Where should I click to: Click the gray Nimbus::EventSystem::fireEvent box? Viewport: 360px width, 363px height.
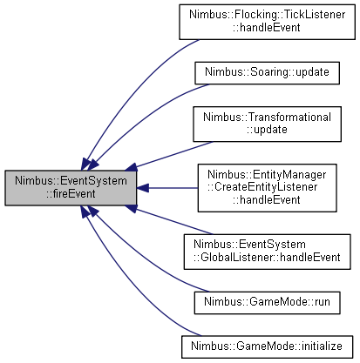tap(71, 188)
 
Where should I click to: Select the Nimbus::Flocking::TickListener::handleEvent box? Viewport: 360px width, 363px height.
tap(267, 22)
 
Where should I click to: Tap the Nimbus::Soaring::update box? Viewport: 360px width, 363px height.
tap(267, 73)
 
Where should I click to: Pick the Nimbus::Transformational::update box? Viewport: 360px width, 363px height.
tap(267, 124)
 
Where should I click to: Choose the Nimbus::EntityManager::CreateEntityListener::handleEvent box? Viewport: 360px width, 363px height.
tap(267, 188)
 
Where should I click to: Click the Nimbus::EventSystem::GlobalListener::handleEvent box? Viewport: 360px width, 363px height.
tap(267, 252)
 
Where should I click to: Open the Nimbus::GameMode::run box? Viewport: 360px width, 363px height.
tap(267, 303)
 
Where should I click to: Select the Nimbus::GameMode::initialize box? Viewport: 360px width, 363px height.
tap(267, 346)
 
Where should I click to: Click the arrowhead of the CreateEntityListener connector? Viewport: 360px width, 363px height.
tap(143, 188)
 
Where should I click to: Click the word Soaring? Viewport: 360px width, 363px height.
tap(269, 72)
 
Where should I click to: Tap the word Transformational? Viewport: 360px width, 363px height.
tap(290, 117)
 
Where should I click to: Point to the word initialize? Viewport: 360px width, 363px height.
tap(322, 346)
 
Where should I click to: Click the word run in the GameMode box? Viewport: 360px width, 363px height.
tap(323, 302)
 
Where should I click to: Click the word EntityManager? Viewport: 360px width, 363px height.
tap(289, 174)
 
